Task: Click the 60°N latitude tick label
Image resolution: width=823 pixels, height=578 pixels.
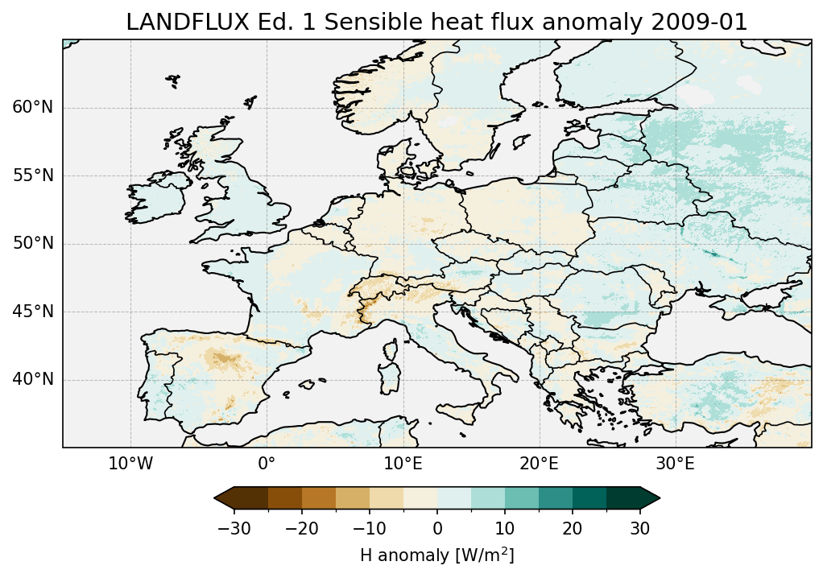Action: point(33,108)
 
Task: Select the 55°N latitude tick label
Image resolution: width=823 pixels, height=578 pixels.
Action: point(33,175)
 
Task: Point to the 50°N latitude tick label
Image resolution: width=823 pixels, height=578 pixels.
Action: point(33,244)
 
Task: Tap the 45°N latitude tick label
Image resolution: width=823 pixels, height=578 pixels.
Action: point(33,312)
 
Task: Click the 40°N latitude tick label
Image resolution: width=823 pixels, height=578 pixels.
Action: point(33,379)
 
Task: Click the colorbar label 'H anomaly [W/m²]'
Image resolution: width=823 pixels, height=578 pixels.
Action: point(436,555)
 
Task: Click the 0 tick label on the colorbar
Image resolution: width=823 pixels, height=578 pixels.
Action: point(437,528)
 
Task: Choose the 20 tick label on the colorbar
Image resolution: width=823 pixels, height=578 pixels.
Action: point(573,528)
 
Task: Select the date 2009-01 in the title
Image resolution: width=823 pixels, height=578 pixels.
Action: point(703,23)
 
